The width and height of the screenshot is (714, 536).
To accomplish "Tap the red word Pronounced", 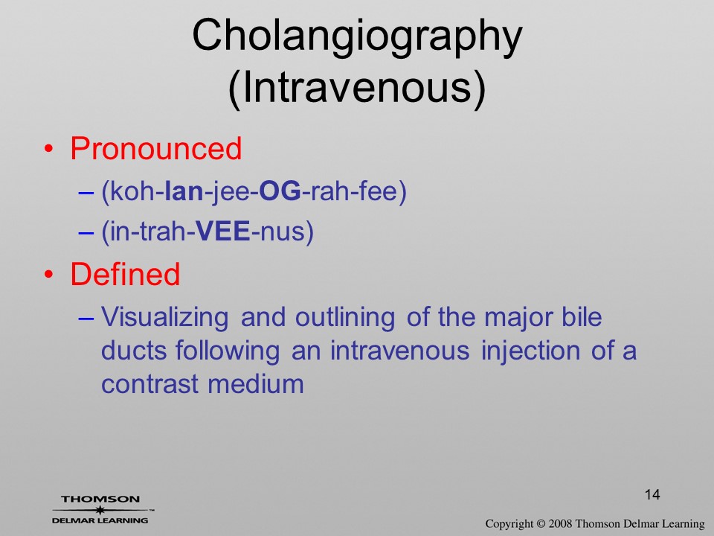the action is pos(155,148).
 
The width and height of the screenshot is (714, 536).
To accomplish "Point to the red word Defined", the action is pos(125,274).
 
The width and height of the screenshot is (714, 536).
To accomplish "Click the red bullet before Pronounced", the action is pos(49,149).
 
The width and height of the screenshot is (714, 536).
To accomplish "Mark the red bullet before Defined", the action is pos(49,275).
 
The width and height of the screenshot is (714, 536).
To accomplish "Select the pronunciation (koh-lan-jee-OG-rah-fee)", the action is pos(254,191).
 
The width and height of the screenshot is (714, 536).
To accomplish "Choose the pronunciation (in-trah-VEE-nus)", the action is pos(208,232).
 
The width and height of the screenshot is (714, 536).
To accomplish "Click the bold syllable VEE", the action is pos(222,231).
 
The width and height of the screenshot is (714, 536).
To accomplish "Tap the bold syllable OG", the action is pos(280,191).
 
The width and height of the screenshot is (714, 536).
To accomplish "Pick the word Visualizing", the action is pos(165,318).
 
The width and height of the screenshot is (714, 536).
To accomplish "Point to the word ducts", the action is pos(135,350).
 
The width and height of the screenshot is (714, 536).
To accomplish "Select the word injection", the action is pos(530,351).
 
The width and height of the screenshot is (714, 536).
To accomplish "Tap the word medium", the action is pos(256,384).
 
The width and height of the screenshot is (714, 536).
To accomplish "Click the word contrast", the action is pos(149,384).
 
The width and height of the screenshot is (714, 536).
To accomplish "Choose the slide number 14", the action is pos(652,494).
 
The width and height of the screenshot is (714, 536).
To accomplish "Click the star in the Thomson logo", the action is pos(100,509).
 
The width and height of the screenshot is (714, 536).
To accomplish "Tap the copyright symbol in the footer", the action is pos(541,524).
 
